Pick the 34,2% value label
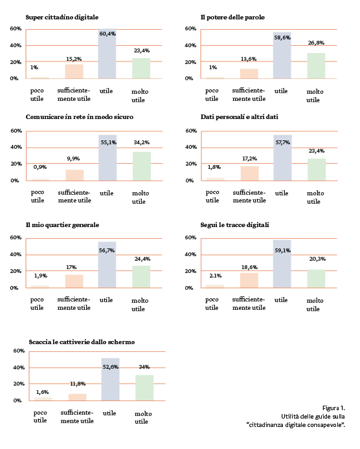pos(141,142)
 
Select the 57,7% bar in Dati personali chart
pos(282,158)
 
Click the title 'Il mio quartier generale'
pos(62,225)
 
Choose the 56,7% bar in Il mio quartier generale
pos(107,265)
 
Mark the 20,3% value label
pos(316,259)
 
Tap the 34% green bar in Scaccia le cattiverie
pos(144,388)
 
